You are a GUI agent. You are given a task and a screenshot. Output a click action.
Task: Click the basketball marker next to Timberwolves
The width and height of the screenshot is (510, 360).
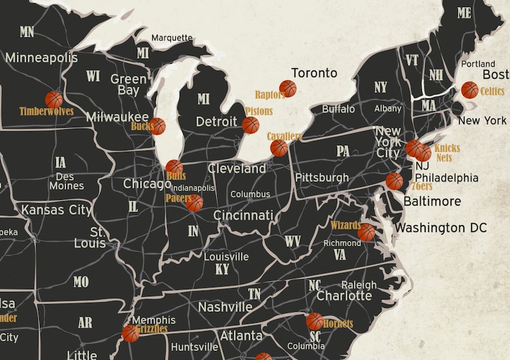pos(54,100)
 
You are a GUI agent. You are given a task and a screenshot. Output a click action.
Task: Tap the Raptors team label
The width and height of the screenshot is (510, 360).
pos(270,95)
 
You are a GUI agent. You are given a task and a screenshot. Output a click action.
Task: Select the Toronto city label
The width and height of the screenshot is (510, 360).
pos(314,73)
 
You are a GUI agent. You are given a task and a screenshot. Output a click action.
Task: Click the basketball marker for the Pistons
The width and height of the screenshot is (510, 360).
pos(251,125)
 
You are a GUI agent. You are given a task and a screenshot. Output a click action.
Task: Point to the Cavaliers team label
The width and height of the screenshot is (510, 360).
pos(285,136)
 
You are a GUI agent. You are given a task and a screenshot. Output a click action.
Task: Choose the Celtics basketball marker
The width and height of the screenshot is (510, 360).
pos(470,90)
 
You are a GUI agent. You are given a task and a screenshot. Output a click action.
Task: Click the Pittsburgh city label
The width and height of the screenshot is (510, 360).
pos(322,177)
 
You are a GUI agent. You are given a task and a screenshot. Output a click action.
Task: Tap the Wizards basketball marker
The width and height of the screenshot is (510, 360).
pos(366,232)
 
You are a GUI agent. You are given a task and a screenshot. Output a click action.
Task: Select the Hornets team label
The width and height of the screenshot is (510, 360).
pos(339,324)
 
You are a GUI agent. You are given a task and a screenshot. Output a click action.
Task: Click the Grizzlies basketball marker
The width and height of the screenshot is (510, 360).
pos(130,333)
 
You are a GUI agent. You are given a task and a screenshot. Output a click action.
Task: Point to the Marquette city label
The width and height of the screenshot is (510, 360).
pos(171,38)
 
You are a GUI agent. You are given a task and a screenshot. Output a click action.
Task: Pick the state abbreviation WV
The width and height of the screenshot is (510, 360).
pos(293,241)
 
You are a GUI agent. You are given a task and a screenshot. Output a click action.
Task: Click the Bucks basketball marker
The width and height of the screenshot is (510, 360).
pos(157,126)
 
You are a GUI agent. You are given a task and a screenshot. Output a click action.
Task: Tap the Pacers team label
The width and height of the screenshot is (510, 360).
pos(178,198)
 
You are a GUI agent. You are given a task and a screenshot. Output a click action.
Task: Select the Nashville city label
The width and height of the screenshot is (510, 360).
pos(225,307)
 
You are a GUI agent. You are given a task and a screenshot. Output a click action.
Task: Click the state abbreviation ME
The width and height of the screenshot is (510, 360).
pos(464,12)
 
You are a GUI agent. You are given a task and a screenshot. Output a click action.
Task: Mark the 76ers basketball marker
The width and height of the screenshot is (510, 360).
pos(394,181)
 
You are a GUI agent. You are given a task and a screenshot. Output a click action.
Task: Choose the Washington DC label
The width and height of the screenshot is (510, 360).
pos(441,228)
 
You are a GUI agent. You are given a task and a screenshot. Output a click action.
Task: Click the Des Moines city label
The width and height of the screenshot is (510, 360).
pos(66,181)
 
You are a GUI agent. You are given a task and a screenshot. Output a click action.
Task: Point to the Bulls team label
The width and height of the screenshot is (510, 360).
pos(175,175)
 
